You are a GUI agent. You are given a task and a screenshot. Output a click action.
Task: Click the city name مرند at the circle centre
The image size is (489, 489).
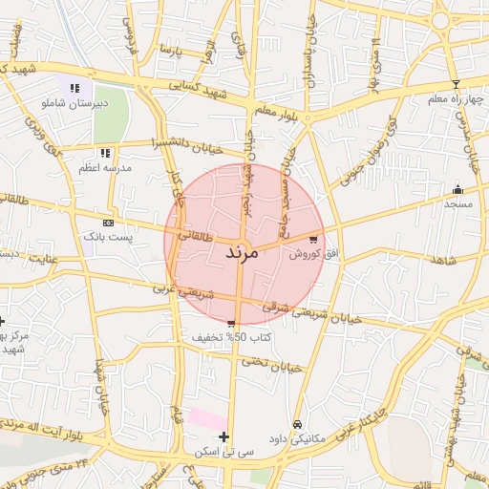click(x=243, y=254)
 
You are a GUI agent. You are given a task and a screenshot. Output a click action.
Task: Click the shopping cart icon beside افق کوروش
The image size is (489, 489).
click(x=313, y=239)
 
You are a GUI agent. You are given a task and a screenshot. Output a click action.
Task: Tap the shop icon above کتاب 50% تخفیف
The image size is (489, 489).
click(x=231, y=323)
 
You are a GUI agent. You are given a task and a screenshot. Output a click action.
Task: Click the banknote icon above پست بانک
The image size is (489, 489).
click(x=107, y=221)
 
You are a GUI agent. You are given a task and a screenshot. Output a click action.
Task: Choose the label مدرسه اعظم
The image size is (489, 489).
click(x=105, y=167)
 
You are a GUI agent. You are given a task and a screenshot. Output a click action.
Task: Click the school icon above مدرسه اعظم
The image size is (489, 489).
click(x=105, y=152)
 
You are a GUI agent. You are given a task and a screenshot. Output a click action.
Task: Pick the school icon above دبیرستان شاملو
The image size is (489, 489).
click(x=74, y=87)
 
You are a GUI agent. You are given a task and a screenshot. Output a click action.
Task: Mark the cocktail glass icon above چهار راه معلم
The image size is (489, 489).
click(x=456, y=84)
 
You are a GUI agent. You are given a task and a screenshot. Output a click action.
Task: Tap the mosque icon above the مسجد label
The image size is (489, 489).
click(x=457, y=189)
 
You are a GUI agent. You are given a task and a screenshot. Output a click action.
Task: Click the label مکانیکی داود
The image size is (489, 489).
click(x=296, y=438)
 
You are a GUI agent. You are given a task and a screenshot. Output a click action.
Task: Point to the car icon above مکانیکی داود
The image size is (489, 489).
click(x=297, y=424)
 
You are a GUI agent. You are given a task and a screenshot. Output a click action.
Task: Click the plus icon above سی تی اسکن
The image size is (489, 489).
click(x=223, y=437)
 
